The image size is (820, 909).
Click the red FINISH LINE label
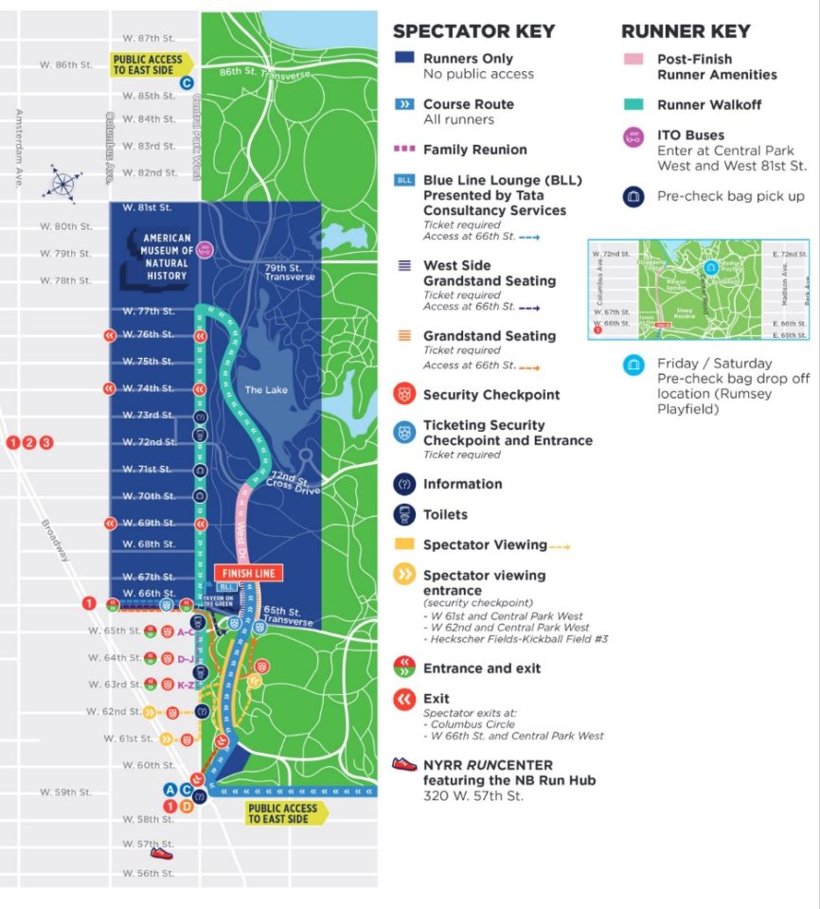(x=246, y=573)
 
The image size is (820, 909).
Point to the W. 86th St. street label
(x=65, y=64)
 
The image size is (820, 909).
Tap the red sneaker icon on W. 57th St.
(x=162, y=852)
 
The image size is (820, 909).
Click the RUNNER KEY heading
(x=686, y=31)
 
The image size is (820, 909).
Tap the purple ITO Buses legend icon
(x=633, y=138)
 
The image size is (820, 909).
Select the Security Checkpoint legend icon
(x=404, y=394)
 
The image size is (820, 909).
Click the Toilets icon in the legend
(x=404, y=514)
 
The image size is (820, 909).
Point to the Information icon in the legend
(x=404, y=484)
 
